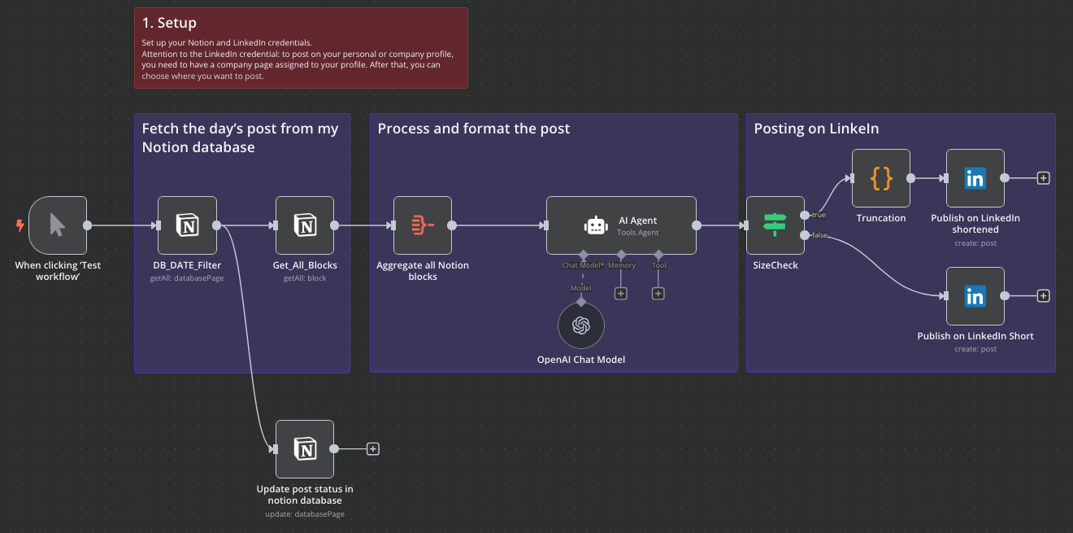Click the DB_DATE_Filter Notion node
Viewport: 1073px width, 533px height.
pyautogui.click(x=187, y=225)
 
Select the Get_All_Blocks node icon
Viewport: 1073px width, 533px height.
pyautogui.click(x=305, y=225)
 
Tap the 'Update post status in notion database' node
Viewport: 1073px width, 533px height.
pyautogui.click(x=305, y=449)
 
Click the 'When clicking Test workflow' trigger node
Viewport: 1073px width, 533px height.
pyautogui.click(x=57, y=225)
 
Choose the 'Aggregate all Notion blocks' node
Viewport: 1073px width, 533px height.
pyautogui.click(x=423, y=225)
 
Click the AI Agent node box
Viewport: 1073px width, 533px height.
pyautogui.click(x=621, y=225)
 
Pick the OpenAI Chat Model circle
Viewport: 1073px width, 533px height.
pyautogui.click(x=580, y=325)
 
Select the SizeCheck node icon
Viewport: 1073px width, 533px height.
pyautogui.click(x=775, y=225)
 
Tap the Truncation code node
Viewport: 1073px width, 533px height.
pyautogui.click(x=881, y=177)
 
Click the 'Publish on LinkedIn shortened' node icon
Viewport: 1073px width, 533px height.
pyautogui.click(x=975, y=177)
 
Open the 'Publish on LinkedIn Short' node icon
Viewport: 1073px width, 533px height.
pyautogui.click(x=975, y=296)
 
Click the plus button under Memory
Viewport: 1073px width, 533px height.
pyautogui.click(x=621, y=294)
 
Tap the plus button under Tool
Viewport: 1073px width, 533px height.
pyautogui.click(x=658, y=294)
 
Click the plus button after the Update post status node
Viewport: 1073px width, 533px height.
pyautogui.click(x=372, y=448)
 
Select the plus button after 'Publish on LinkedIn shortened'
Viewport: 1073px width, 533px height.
pyautogui.click(x=1044, y=177)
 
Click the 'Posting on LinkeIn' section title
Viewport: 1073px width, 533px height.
pyautogui.click(x=816, y=129)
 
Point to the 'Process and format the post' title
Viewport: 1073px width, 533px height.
pyautogui.click(x=474, y=129)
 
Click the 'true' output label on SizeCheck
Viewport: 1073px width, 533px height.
pyautogui.click(x=818, y=215)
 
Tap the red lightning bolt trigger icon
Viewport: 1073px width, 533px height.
pyautogui.click(x=20, y=225)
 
